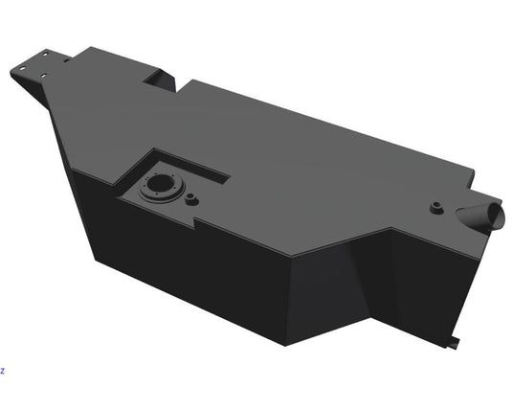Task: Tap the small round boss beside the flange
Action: [190, 199]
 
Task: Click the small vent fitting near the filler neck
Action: [436, 206]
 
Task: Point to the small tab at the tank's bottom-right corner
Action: [454, 342]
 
